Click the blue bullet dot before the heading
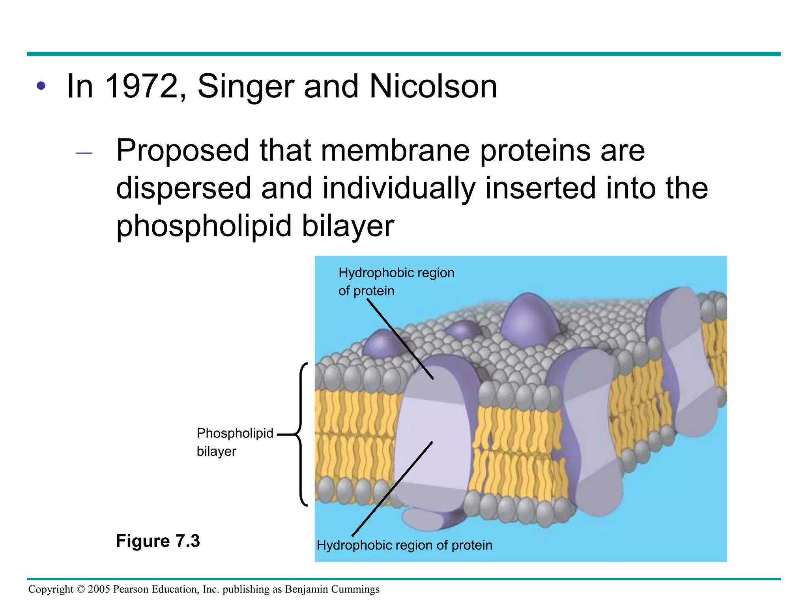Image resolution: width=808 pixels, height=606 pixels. click(41, 86)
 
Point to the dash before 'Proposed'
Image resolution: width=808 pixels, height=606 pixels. click(84, 153)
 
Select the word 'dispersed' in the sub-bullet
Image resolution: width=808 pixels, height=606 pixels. click(183, 188)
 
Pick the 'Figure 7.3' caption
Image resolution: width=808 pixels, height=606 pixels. click(158, 541)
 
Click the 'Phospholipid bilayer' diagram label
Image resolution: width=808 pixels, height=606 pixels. click(234, 442)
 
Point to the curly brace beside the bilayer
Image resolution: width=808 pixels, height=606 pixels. click(301, 434)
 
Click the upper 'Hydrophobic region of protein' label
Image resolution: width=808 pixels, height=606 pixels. click(396, 281)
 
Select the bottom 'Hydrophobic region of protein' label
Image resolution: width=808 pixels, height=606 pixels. click(404, 545)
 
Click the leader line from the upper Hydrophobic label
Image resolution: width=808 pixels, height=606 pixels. click(400, 338)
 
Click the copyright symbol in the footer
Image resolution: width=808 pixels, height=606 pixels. click(80, 589)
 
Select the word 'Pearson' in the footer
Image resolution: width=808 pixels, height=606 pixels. click(131, 589)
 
